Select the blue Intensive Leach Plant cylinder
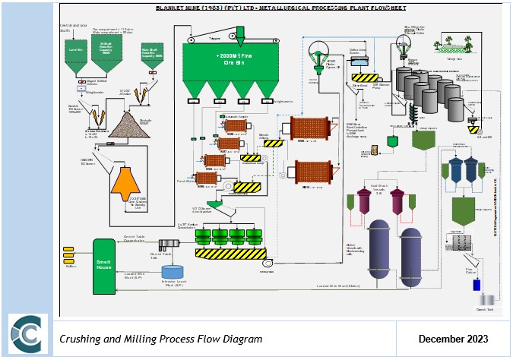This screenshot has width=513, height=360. pos(173,271)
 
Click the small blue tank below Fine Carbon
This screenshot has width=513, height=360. pos(477,286)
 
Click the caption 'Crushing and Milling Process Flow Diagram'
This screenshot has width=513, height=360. pos(160,339)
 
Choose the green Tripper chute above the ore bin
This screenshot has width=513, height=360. pos(240,32)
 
